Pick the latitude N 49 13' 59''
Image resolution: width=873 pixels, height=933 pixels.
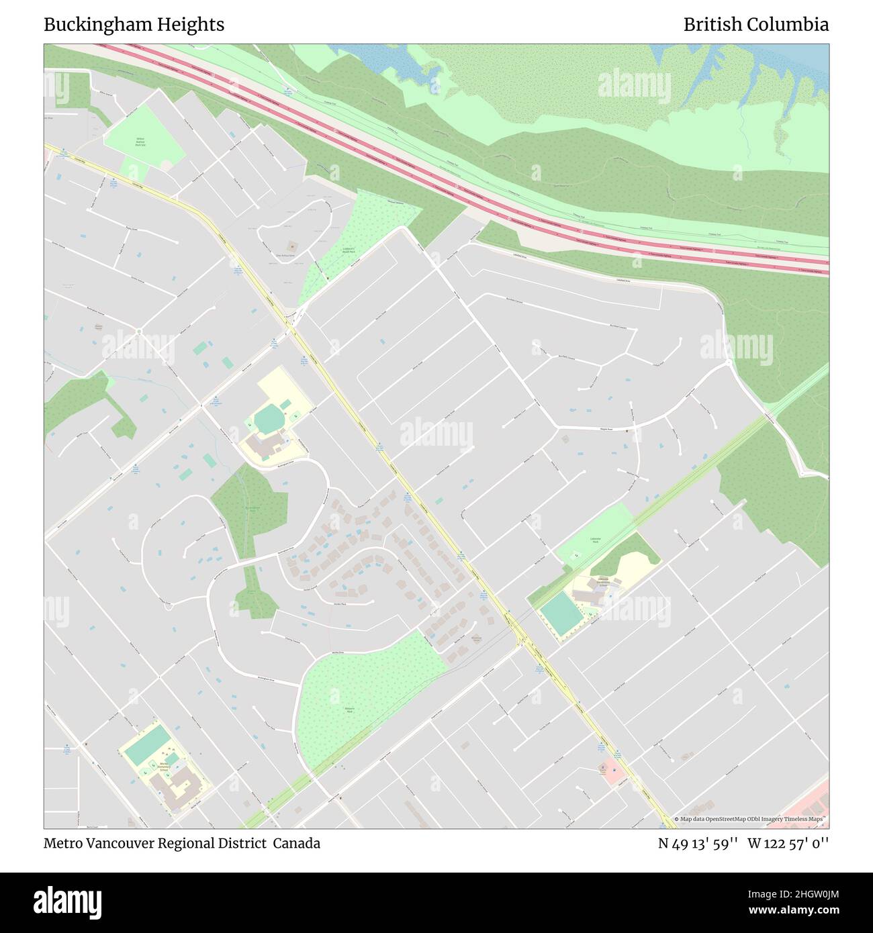[698, 843]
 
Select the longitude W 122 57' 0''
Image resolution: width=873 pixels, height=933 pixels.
[788, 843]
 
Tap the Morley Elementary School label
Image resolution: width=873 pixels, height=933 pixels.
[165, 766]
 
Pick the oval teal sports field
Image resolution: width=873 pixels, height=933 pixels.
[269, 420]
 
